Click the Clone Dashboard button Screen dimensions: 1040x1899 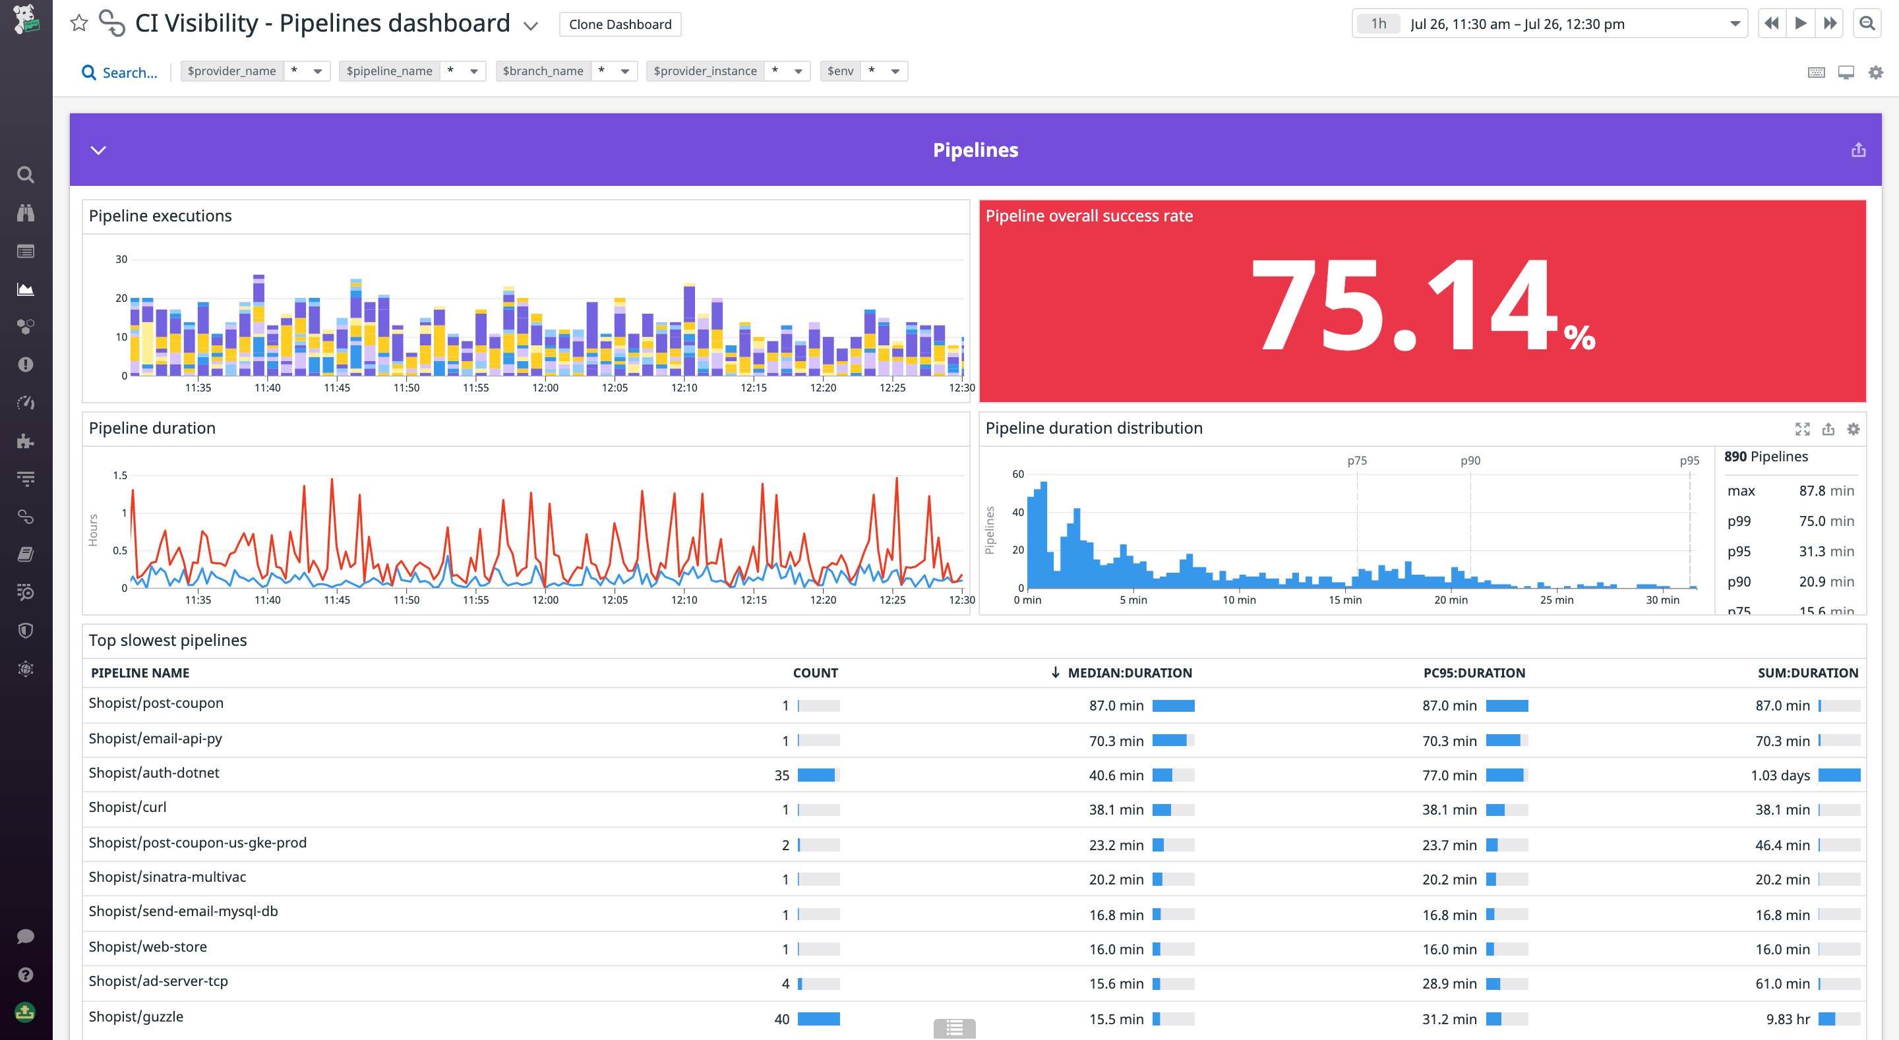pos(619,24)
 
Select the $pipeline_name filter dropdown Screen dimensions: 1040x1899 pos(411,71)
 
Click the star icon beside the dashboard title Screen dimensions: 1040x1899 pos(79,24)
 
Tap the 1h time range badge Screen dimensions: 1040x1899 pos(1378,24)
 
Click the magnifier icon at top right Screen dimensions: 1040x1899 pos(1867,24)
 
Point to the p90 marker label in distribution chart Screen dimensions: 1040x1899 pos(1470,461)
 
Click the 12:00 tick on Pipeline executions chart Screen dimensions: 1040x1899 pos(545,388)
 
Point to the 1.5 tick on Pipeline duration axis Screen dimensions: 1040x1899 pos(120,475)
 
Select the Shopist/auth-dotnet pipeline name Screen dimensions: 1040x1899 pos(154,772)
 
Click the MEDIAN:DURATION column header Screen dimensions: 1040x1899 pos(1129,673)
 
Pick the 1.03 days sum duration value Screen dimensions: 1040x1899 pos(1780,776)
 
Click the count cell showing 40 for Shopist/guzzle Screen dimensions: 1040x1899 pos(781,1020)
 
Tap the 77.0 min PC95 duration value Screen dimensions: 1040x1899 pos(1449,776)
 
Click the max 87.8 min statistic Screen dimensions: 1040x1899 pos(1790,491)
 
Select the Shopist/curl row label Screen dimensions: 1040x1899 pos(127,807)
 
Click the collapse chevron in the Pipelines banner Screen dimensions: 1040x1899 pos(98,150)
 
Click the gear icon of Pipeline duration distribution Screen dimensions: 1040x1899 pos(1853,429)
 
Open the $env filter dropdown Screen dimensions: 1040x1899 pos(863,71)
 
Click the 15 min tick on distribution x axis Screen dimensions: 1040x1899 pos(1344,600)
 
